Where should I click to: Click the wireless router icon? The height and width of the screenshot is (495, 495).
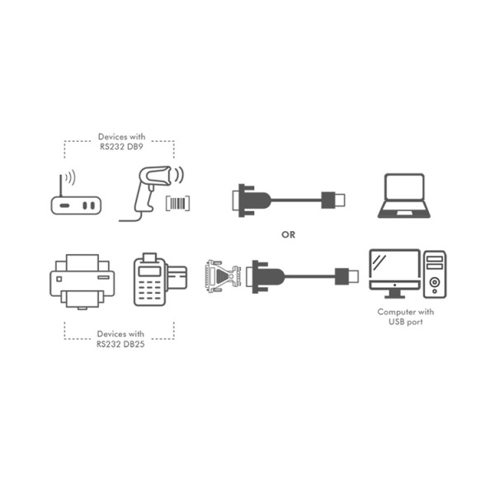(76, 203)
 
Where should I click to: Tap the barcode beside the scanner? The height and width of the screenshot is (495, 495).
(179, 204)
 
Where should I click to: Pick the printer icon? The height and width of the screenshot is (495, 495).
(82, 280)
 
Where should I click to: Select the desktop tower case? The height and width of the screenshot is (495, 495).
(436, 274)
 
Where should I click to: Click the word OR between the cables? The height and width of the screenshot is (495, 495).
(288, 234)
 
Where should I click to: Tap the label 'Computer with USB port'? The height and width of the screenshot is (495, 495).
(406, 317)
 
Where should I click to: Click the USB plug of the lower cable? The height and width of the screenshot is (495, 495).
(347, 275)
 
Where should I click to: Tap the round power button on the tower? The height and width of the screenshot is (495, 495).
(435, 283)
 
